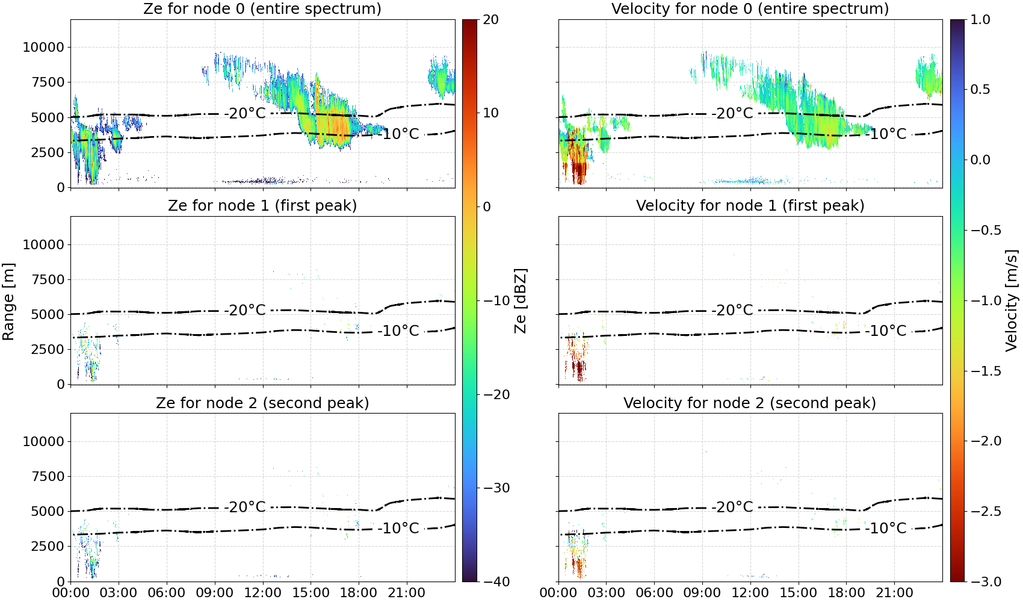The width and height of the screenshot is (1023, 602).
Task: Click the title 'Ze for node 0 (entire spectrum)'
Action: [x=262, y=8]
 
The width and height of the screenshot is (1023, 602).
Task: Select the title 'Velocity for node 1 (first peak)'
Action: [x=750, y=205]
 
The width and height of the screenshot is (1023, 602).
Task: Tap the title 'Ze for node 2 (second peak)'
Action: [x=262, y=403]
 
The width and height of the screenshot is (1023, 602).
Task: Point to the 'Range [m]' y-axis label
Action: [x=8, y=302]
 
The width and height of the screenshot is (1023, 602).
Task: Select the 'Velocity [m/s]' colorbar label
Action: [x=1012, y=300]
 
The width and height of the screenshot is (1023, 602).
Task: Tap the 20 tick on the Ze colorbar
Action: [x=490, y=20]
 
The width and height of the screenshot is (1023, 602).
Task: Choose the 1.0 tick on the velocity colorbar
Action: [x=980, y=20]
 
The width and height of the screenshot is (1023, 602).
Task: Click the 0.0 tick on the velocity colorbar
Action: [x=980, y=160]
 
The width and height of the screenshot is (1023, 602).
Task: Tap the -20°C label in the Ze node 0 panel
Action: [x=245, y=113]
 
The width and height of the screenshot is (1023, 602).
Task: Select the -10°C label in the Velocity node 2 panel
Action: [x=886, y=528]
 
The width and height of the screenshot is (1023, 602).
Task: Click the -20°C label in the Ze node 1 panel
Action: [x=245, y=310]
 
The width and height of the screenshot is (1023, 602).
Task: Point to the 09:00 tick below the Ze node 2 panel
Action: [x=215, y=593]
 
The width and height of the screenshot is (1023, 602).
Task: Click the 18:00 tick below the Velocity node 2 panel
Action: [x=846, y=593]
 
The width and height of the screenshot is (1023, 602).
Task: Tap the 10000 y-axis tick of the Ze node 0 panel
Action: [x=43, y=47]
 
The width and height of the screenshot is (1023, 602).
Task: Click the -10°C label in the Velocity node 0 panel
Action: [x=886, y=134]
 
